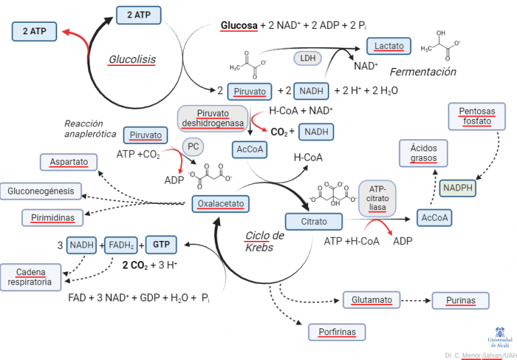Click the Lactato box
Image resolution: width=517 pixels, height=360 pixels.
[x=389, y=46]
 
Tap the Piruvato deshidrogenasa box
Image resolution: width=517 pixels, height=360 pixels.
[x=213, y=118]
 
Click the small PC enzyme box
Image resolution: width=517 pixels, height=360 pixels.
[x=193, y=145]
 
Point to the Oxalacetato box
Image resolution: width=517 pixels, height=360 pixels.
[x=221, y=204]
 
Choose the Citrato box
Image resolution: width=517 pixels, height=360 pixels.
[x=314, y=221]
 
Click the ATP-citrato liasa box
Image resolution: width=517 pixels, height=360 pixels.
[x=378, y=199]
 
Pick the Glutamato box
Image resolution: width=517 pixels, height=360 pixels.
[x=372, y=299]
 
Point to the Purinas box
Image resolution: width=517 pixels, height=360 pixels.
[x=460, y=300]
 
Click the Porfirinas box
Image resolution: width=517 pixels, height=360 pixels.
[x=337, y=332]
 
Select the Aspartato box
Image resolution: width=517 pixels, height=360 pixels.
[x=69, y=163]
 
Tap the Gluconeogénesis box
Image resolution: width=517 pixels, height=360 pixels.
[x=41, y=191]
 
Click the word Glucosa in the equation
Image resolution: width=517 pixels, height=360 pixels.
[x=239, y=26]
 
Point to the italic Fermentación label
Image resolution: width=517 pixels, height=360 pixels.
[x=423, y=72]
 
